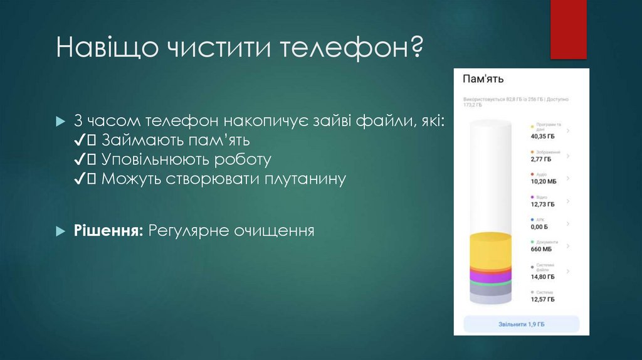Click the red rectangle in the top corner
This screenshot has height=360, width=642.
pos(568,29)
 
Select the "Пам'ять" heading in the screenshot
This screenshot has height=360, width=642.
pos(483,79)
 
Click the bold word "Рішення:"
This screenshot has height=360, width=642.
pos(109,231)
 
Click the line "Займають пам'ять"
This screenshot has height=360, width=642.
pos(176,139)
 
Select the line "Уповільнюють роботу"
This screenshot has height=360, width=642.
pos(186,159)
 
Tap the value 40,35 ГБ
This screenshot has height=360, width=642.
pos(543,136)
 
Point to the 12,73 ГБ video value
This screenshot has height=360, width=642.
pos(543,204)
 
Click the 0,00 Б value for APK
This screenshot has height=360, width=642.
pos(539,227)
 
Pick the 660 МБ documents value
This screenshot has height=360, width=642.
pos(541,249)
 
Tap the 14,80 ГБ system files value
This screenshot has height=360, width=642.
pos(543,277)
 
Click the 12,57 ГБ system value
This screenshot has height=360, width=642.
pos(543,300)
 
